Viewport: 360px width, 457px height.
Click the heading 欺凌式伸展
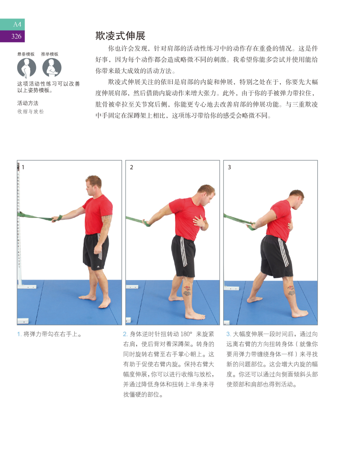pyautogui.click(x=120, y=36)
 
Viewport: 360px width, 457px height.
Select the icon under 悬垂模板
pyautogui.click(x=26, y=68)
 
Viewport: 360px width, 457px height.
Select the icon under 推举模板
pyautogui.click(x=52, y=68)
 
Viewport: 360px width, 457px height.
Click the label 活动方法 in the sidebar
pyautogui.click(x=27, y=103)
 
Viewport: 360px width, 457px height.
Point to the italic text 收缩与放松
pyautogui.click(x=30, y=111)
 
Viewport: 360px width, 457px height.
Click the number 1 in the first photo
pyautogui.click(x=23, y=167)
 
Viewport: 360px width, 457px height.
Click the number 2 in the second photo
pyautogui.click(x=131, y=167)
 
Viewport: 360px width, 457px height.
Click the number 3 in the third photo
pyautogui.click(x=229, y=167)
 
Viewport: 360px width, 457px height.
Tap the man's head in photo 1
pyautogui.click(x=94, y=185)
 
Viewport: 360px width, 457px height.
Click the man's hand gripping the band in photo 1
pyautogui.click(x=56, y=219)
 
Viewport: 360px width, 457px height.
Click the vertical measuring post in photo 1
pyautogui.click(x=18, y=225)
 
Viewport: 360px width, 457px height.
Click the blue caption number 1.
pyautogui.click(x=19, y=334)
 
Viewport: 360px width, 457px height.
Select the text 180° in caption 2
pyautogui.click(x=186, y=334)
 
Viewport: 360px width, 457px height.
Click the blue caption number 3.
pyautogui.click(x=229, y=334)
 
